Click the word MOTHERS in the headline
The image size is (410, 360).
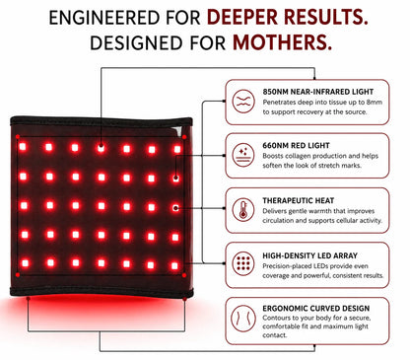point(282,42)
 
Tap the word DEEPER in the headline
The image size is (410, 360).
point(242,17)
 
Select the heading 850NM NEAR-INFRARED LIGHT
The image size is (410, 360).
point(318,92)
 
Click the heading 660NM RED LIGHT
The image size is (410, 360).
point(296,145)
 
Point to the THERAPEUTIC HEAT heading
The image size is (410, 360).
point(298,200)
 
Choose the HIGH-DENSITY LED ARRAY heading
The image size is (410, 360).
point(309,255)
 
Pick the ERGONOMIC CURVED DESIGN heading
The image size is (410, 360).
point(316,309)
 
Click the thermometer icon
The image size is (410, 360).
point(243,210)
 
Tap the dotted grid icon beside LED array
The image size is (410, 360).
point(243,263)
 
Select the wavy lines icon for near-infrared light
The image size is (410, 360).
point(243,102)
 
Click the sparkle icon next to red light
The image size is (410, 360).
point(243,155)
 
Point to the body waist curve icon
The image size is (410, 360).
point(243,319)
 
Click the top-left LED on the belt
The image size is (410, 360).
point(23,147)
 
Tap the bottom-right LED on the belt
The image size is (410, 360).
point(175,265)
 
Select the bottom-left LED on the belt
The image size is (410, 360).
point(25,263)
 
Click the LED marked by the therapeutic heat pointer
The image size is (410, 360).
point(175,208)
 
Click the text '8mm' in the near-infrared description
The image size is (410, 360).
point(375,103)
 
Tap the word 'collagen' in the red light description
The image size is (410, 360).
point(300,156)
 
